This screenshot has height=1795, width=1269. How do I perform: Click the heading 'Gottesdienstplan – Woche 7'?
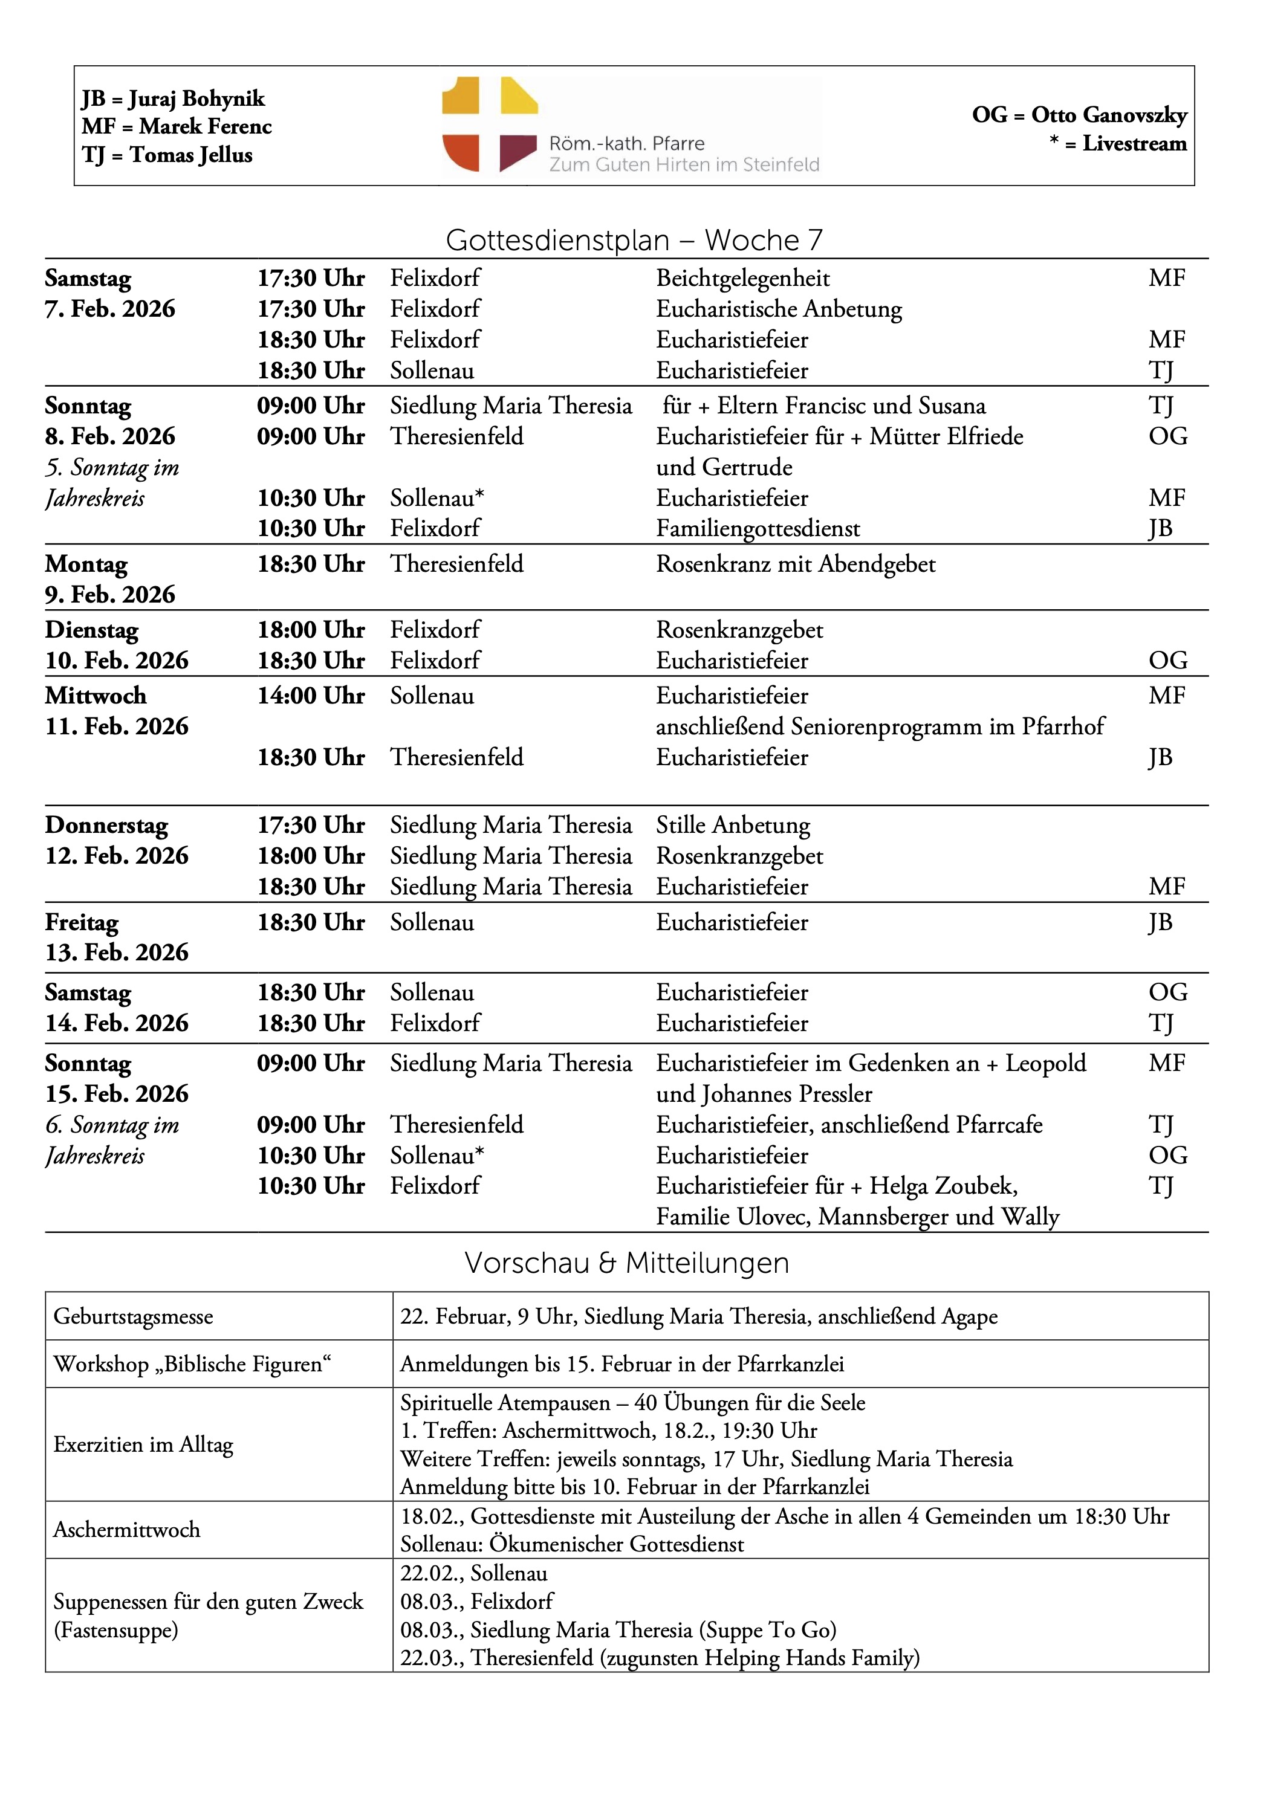click(634, 240)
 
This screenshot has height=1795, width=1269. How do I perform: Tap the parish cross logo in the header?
click(490, 125)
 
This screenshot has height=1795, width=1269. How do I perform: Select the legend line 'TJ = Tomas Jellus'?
click(167, 155)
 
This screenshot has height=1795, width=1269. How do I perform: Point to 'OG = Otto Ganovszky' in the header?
click(1079, 115)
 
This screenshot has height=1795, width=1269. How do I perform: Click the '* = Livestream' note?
click(1118, 143)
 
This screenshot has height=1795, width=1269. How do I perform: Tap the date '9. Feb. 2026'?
click(110, 595)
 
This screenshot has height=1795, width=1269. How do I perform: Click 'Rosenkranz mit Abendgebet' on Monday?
click(795, 564)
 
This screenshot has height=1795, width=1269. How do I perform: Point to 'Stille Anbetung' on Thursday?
click(733, 826)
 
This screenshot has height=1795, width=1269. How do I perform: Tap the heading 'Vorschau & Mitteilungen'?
click(626, 1263)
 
